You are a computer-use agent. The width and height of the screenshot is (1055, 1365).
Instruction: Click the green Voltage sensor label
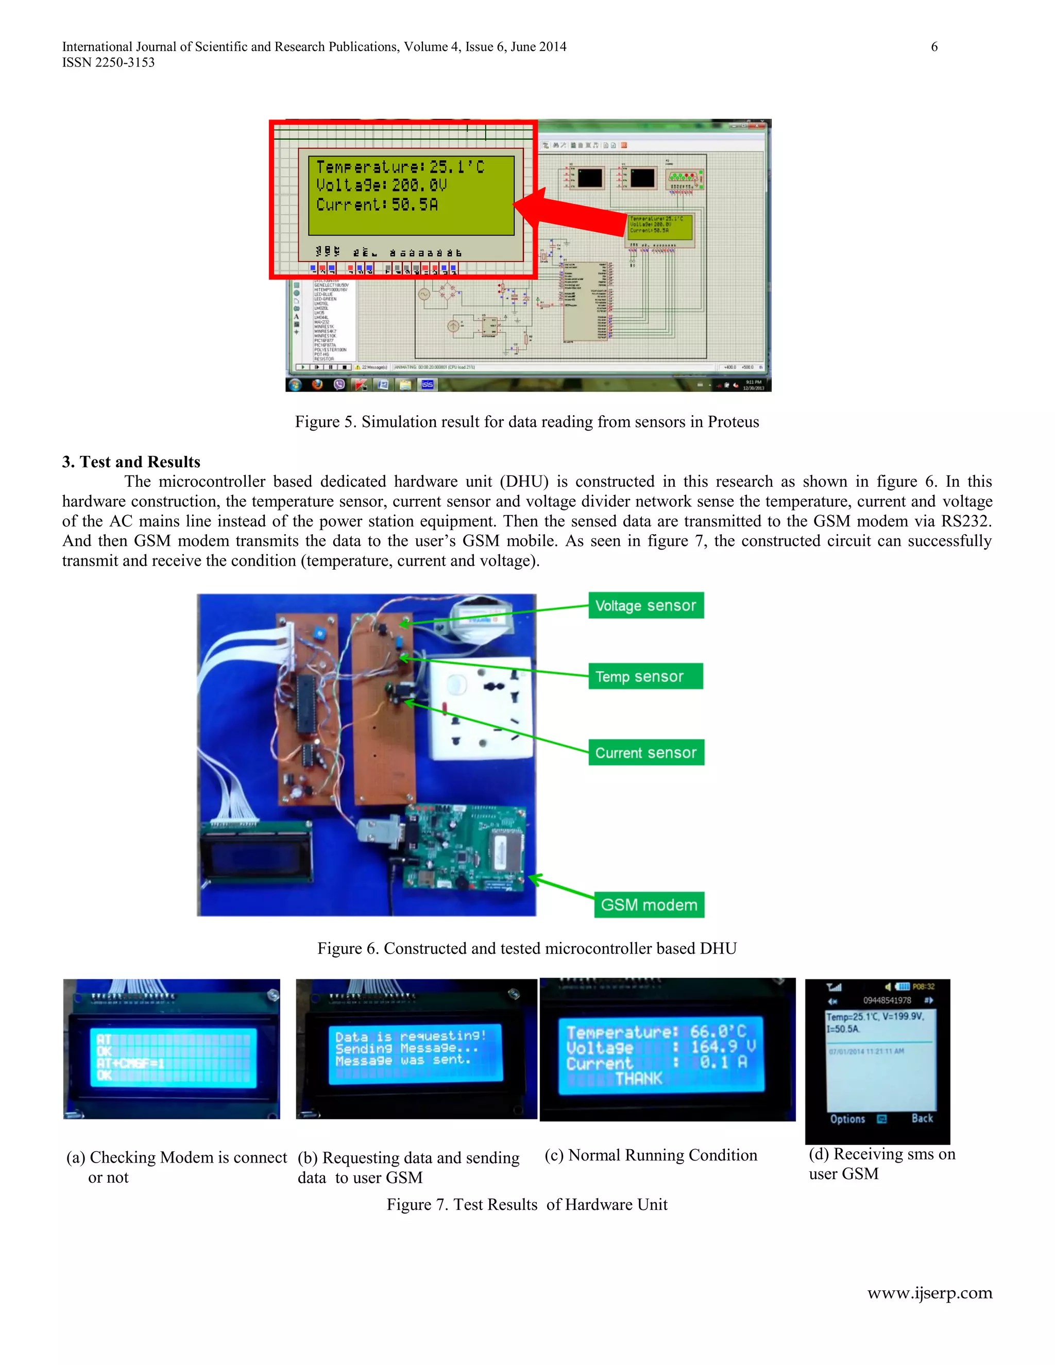pos(645,605)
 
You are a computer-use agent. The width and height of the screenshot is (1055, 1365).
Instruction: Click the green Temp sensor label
pos(645,676)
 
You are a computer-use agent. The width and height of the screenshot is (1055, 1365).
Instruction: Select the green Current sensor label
pos(645,753)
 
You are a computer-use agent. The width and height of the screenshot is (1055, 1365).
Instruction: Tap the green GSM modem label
pos(649,905)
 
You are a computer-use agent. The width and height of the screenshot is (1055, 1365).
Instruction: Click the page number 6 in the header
pos(934,47)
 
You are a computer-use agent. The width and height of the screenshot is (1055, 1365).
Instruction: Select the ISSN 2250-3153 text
pos(108,62)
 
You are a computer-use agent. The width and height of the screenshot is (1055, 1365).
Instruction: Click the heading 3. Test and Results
pos(131,462)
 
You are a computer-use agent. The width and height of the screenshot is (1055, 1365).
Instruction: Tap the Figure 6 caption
pos(527,948)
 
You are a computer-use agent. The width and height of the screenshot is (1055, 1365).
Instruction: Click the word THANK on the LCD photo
pos(638,1078)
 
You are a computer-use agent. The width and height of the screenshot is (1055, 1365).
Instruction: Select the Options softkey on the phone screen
pos(847,1119)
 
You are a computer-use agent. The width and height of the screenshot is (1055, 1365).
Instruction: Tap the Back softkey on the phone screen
pos(922,1118)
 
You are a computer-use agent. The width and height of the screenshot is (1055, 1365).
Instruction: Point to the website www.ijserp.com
pos(929,1293)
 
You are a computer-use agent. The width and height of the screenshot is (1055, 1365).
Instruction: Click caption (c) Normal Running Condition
pos(651,1155)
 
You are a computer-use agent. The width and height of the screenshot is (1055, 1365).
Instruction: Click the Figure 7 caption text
pos(527,1204)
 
